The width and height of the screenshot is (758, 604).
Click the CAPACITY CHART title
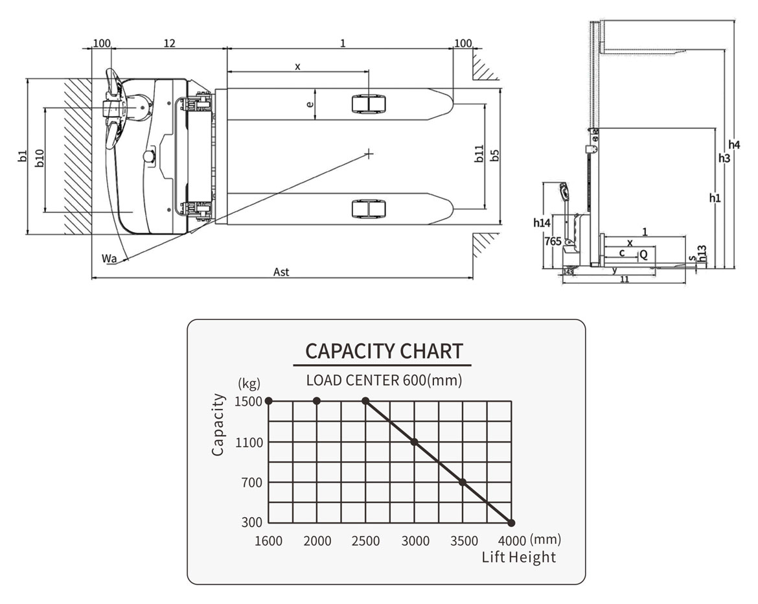pos(384,351)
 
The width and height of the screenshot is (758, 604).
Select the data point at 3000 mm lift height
pos(415,442)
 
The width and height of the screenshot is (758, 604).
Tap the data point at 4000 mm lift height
pos(511,522)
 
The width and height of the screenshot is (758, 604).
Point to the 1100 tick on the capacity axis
pos(249,443)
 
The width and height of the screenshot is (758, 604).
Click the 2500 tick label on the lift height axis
pos(366,541)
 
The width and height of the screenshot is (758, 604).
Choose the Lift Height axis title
pos(518,557)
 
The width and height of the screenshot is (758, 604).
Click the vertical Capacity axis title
pos(218,424)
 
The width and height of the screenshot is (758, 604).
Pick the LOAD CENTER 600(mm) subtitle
pos(384,380)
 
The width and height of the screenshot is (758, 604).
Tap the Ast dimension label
pos(281,272)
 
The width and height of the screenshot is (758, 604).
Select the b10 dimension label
pos(39,159)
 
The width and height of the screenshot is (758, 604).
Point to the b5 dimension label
pos(494,156)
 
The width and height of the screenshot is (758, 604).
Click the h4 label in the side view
pos(734,144)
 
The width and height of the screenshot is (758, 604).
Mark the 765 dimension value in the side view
pos(553,240)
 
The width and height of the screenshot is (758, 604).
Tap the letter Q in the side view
pos(643,255)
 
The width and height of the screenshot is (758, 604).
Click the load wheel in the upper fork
pos(369,104)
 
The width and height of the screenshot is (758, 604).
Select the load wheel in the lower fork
pos(369,209)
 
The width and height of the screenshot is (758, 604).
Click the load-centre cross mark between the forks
pos(369,154)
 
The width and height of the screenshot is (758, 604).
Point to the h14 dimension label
pos(542,223)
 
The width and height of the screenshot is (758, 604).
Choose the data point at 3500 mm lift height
pos(463,482)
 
